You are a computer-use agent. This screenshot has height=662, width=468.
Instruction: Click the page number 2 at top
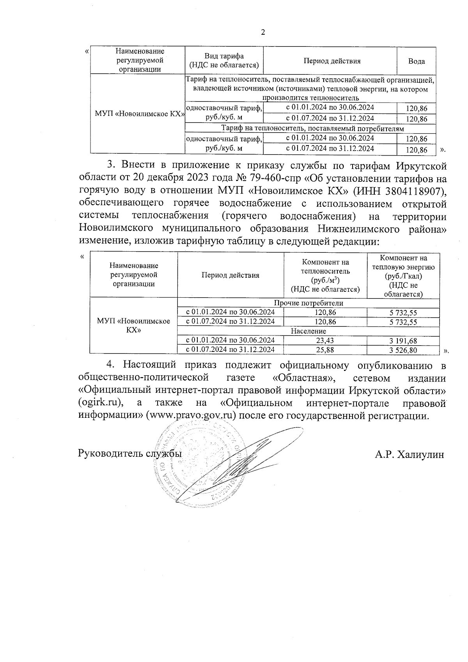click(x=262, y=32)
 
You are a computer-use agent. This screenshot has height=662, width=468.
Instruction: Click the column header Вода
click(x=416, y=61)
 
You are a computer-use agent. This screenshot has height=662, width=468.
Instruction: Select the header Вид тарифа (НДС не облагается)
click(x=223, y=61)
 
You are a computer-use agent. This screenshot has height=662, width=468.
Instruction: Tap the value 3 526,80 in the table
click(x=403, y=350)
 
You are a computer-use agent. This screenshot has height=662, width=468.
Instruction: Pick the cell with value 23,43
click(x=325, y=341)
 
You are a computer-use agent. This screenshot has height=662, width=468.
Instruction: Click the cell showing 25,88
click(x=325, y=350)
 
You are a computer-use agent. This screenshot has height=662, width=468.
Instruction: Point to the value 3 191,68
click(x=403, y=341)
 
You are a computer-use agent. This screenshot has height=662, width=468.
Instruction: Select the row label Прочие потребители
click(x=308, y=303)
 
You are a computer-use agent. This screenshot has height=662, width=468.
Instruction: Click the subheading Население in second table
click(x=308, y=331)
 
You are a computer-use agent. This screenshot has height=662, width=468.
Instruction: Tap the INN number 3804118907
click(x=413, y=191)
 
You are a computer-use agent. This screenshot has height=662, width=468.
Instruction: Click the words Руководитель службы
click(x=130, y=454)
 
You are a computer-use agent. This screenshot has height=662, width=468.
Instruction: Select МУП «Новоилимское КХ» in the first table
click(x=137, y=114)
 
